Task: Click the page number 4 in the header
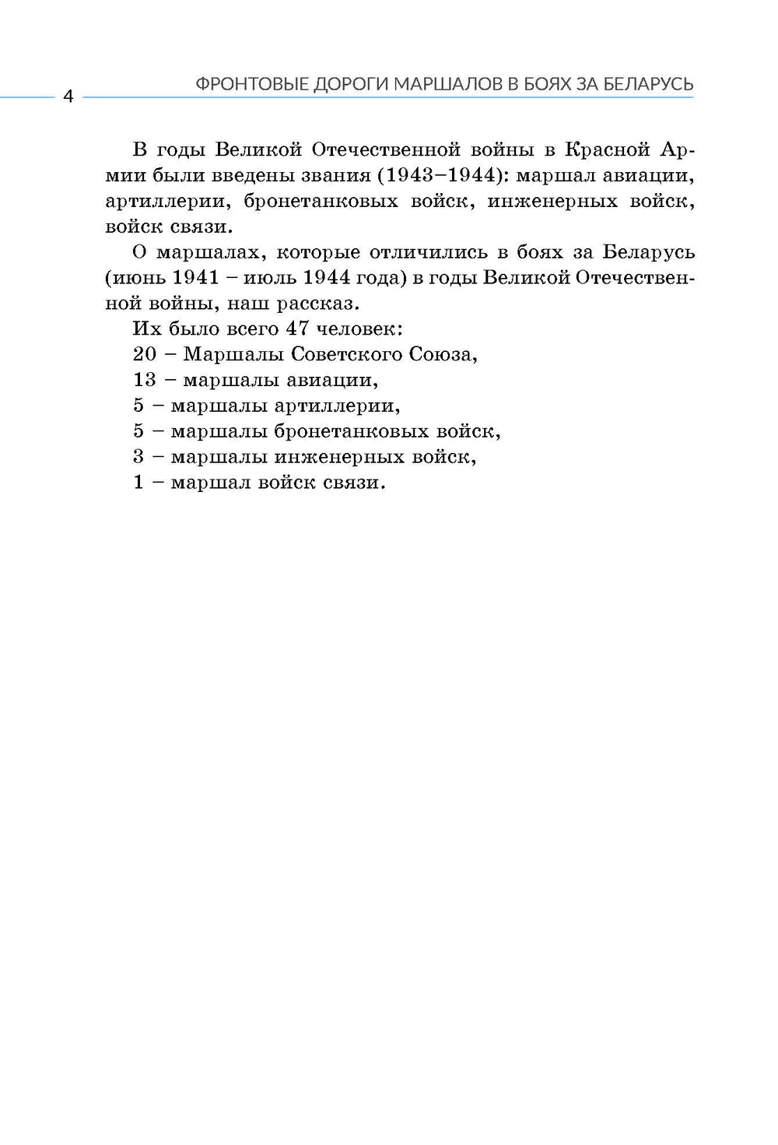(67, 97)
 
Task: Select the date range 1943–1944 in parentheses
(440, 176)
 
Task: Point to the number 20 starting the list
(145, 354)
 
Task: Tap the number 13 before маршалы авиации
(145, 380)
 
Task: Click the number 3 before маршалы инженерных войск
(138, 457)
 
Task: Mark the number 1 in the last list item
(138, 483)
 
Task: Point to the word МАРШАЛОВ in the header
(448, 84)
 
